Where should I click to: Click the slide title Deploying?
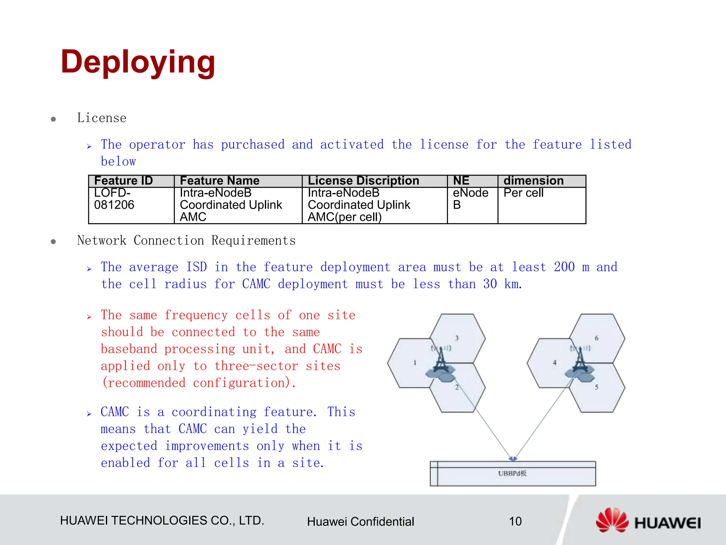(138, 62)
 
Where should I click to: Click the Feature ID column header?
(123, 181)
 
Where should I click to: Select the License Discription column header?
(363, 181)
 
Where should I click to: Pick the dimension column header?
(534, 181)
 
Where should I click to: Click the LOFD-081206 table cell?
(114, 199)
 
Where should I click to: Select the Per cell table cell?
(524, 193)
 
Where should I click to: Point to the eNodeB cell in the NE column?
(470, 199)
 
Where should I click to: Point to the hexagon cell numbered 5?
(599, 389)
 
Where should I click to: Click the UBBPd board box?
(513, 474)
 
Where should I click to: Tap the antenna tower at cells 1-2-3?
(441, 364)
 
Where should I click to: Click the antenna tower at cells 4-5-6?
(580, 364)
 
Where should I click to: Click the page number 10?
(515, 521)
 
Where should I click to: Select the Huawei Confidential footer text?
(360, 522)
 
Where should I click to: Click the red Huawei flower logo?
(612, 520)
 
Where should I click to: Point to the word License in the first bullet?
(102, 118)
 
